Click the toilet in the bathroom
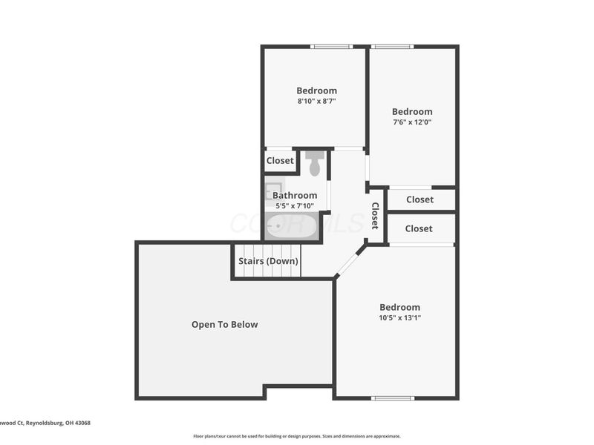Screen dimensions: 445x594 coord(315,163)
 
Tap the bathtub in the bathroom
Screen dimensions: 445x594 coord(293,226)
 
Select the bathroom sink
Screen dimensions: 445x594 coord(274,188)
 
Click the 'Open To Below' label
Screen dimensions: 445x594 coord(225,324)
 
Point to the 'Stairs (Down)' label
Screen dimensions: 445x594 coord(268,261)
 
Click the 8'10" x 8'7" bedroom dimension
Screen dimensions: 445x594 coord(317,101)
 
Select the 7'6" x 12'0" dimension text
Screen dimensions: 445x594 coord(412,122)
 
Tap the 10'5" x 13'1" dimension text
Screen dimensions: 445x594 coord(400,317)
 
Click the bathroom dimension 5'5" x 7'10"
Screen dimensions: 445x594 coord(294,205)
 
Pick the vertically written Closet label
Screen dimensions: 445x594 coord(375,215)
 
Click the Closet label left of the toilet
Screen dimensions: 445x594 coord(280,161)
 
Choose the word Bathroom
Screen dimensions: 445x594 coord(295,195)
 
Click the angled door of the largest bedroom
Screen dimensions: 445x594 coord(350,263)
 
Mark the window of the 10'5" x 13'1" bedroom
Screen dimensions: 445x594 coord(393,398)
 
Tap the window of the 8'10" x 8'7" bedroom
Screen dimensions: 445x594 coord(331,47)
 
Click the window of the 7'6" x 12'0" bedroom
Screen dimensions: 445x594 coord(392,47)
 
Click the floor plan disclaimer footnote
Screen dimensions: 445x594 coord(296,436)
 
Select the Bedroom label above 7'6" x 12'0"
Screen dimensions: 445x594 coord(412,112)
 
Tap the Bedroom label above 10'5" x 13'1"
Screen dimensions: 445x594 coord(399,307)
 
